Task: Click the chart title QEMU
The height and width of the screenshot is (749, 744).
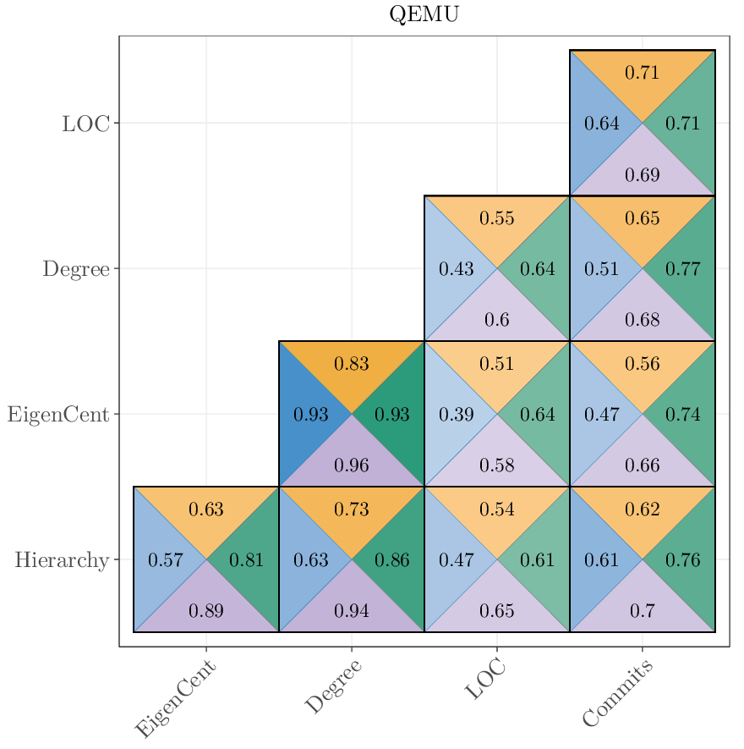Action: (x=424, y=14)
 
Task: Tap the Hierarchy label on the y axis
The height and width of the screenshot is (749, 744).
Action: (x=61, y=560)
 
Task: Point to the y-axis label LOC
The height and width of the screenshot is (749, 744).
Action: (x=85, y=124)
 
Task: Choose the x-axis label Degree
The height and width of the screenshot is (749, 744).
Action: (x=333, y=687)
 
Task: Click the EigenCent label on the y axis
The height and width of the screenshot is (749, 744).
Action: (x=58, y=415)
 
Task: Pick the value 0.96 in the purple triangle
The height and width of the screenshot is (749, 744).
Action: (x=352, y=465)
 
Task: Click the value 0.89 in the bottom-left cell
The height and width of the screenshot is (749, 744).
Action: (x=206, y=611)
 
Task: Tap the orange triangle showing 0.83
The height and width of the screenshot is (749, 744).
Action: (x=352, y=365)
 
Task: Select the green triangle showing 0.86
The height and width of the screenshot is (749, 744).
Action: (x=392, y=560)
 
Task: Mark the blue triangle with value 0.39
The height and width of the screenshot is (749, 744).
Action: (x=457, y=415)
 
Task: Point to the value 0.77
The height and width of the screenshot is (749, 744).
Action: (x=682, y=270)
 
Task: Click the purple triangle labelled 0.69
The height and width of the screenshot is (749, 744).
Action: (x=643, y=176)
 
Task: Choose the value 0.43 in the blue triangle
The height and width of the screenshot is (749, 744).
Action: (x=457, y=270)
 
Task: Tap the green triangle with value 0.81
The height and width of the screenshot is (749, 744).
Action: (x=247, y=560)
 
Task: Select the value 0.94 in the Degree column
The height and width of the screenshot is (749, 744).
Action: (x=352, y=611)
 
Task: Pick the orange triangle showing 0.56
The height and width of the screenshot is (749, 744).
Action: (x=643, y=365)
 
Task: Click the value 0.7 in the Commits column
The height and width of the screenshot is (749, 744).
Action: (x=643, y=611)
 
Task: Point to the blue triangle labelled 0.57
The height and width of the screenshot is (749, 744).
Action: (x=166, y=560)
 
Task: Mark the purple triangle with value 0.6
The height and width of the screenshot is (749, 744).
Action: (x=497, y=321)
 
